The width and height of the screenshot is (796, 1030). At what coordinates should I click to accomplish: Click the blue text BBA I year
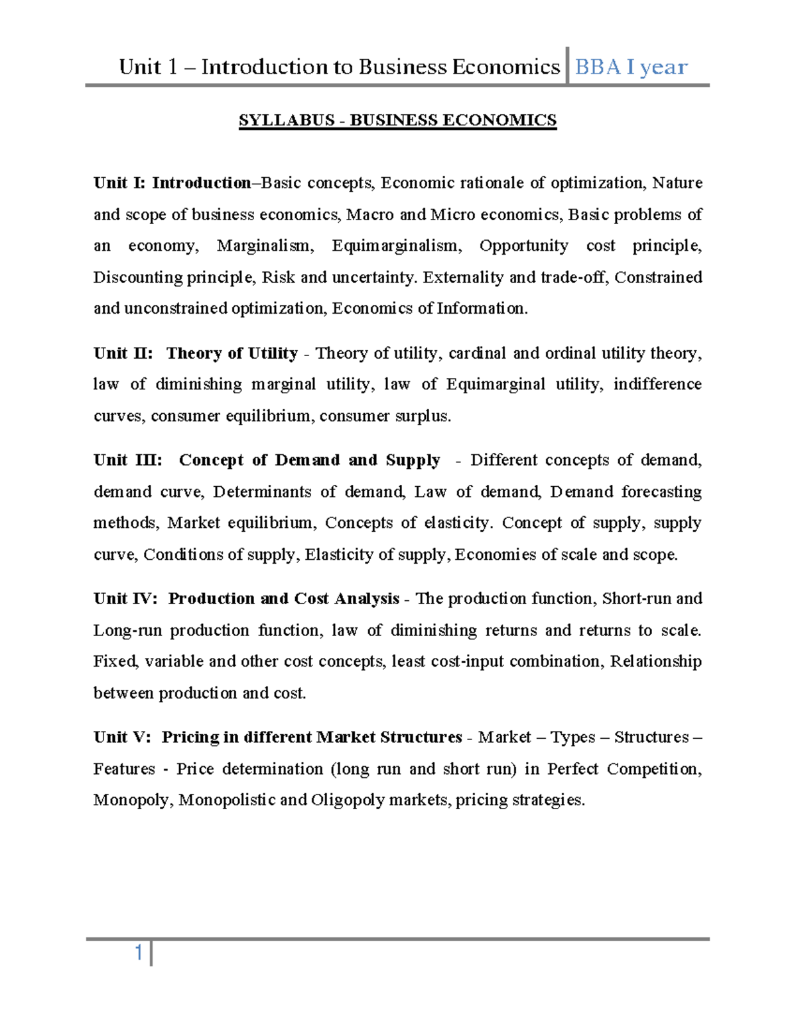point(631,67)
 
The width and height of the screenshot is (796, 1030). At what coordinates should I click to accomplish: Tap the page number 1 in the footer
point(139,953)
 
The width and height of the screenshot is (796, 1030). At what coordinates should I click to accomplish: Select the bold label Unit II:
point(123,353)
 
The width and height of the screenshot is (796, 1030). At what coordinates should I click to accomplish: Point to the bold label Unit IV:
point(125,598)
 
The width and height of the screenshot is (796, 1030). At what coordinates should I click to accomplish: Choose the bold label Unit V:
point(122,737)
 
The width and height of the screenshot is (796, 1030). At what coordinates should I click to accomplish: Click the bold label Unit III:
point(127,460)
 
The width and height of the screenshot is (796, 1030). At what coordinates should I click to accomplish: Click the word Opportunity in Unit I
point(523,246)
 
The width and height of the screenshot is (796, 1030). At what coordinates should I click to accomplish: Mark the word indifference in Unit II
point(657,385)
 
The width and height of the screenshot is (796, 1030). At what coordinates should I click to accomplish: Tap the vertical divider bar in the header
point(568,66)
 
